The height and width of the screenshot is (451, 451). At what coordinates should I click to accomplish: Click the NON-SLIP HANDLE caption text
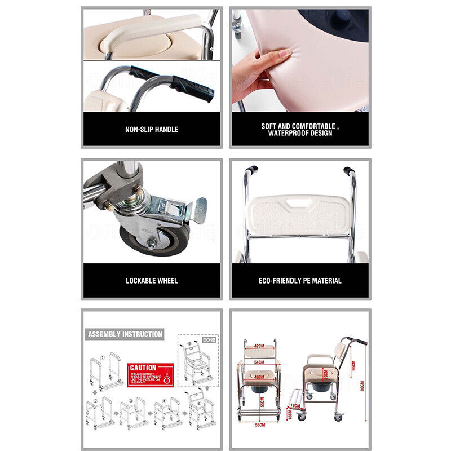coord(152,130)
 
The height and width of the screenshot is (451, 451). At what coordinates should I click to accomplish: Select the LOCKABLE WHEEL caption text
coord(152,280)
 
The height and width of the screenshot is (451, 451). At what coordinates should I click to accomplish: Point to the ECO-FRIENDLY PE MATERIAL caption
coord(300,280)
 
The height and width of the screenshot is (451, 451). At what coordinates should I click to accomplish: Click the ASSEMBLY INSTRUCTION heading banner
coord(125,334)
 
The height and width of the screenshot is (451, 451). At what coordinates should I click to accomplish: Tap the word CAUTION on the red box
coord(143,368)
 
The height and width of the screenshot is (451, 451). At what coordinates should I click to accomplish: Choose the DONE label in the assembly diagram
coord(209,340)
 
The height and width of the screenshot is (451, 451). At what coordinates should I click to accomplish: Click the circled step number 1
coord(103,357)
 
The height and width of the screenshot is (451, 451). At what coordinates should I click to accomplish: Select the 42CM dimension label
coord(259,346)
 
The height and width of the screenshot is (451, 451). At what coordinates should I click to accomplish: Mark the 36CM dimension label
coord(353,365)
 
